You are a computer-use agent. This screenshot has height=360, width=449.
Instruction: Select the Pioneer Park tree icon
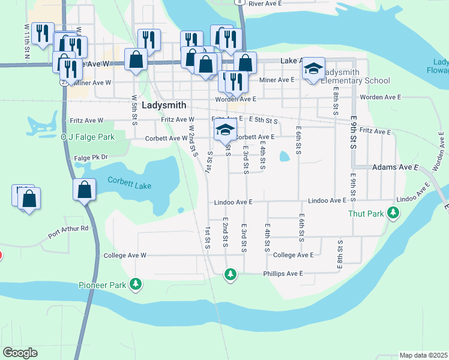coord(136,283)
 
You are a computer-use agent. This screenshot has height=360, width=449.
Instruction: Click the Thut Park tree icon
coord(393,212)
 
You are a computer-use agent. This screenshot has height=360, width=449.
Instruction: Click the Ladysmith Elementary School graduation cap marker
coord(313,69)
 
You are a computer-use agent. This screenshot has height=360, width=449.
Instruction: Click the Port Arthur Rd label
coord(68,228)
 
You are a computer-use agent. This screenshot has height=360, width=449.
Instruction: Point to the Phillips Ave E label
coord(283,274)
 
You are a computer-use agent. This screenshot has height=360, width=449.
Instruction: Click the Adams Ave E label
coord(395,167)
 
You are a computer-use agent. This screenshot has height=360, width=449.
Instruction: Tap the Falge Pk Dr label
coord(91,157)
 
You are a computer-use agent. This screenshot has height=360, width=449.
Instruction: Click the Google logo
coord(20,353)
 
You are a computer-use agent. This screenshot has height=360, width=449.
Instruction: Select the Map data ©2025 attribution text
coord(423,355)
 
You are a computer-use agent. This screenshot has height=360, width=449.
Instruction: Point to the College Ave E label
coord(293,255)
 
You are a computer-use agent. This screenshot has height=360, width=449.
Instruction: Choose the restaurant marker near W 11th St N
coord(42,34)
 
